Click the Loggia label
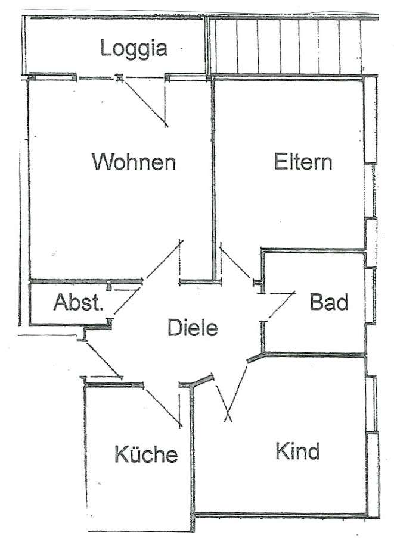133,48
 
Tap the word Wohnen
134,161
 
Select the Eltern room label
303,161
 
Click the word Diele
193,327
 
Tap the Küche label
146,454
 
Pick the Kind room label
297,451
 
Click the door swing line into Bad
278,305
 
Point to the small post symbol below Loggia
120,77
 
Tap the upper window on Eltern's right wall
370,119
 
